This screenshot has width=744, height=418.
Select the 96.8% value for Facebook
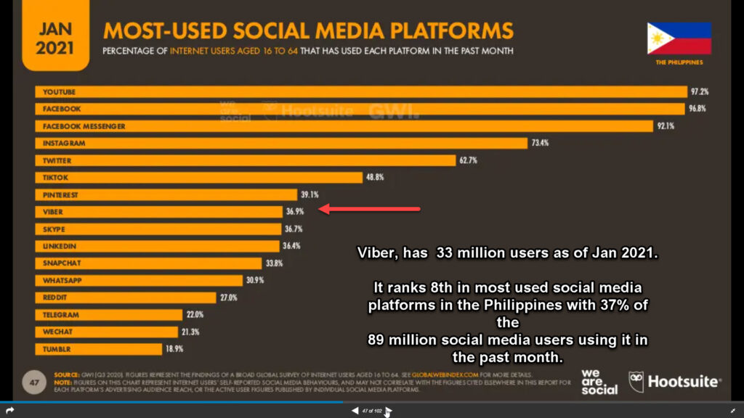pyautogui.click(x=697, y=109)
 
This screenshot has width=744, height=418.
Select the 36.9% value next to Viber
pyautogui.click(x=294, y=212)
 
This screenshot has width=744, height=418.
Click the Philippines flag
pyautogui.click(x=679, y=39)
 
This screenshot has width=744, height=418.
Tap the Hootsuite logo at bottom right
pyautogui.click(x=675, y=381)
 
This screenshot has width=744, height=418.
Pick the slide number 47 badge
pyautogui.click(x=34, y=380)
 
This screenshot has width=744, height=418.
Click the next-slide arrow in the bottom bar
pyautogui.click(x=389, y=411)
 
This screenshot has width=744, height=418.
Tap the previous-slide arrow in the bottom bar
pyautogui.click(x=355, y=411)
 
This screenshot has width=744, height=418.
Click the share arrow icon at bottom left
pyautogui.click(x=9, y=411)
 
